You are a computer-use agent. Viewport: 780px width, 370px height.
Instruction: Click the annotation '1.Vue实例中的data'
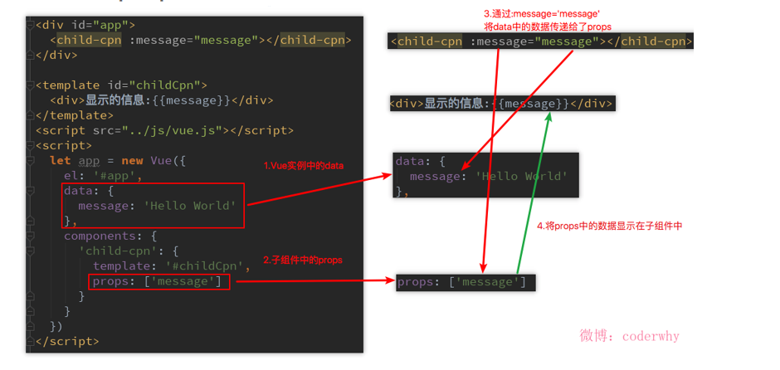tap(304, 166)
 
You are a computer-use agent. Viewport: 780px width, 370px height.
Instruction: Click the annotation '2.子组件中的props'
tap(303, 260)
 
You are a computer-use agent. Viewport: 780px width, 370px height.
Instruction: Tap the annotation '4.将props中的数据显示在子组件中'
tap(609, 226)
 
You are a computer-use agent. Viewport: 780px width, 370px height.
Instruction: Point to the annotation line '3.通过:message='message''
tap(542, 14)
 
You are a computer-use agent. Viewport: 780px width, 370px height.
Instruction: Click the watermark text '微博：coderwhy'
tap(629, 336)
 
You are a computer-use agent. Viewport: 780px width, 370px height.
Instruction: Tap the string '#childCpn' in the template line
tap(206, 265)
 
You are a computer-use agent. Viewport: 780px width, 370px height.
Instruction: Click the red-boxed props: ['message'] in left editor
tap(158, 281)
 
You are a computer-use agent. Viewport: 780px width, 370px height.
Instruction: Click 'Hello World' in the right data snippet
tap(522, 176)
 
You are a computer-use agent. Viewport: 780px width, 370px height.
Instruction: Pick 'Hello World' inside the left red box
tap(191, 206)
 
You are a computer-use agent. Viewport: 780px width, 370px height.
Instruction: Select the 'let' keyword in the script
tap(60, 160)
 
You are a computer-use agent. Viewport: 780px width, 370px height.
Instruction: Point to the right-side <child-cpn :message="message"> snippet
tap(540, 41)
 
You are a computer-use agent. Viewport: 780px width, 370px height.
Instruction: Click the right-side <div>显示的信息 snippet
tap(501, 104)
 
